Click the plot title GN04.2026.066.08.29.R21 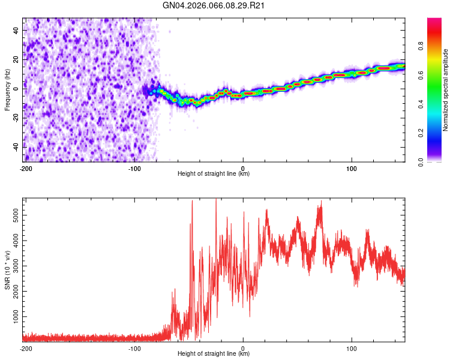click(x=215, y=7)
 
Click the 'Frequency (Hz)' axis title click(x=7, y=90)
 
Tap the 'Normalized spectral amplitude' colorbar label click(x=446, y=90)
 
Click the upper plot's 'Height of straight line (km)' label click(x=214, y=174)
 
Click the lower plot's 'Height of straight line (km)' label click(x=214, y=354)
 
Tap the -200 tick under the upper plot click(x=26, y=168)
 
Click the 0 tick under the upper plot click(x=243, y=168)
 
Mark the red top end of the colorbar click(x=434, y=20)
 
